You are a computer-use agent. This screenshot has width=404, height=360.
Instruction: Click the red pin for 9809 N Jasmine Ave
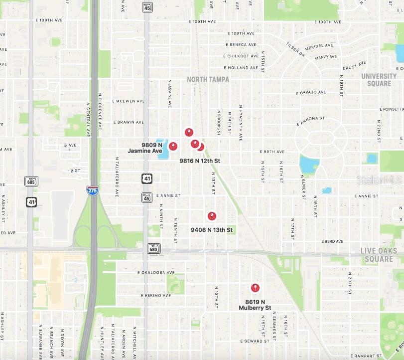[173, 146]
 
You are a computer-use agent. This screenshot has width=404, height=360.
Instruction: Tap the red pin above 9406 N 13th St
[212, 216]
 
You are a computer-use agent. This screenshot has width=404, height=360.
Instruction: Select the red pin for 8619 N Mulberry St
[255, 288]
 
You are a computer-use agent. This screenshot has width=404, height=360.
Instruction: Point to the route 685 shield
[31, 181]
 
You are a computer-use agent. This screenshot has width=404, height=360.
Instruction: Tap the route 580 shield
[154, 248]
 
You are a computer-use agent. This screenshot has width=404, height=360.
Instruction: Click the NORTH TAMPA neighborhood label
[208, 79]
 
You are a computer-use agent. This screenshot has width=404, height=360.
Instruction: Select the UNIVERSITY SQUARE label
[379, 80]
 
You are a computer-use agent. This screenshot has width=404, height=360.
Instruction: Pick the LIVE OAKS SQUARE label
[379, 255]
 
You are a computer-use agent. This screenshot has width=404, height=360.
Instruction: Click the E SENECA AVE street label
[241, 44]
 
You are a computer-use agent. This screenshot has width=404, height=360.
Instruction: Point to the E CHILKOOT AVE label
[242, 56]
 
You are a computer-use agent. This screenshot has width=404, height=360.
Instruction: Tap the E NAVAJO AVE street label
[311, 93]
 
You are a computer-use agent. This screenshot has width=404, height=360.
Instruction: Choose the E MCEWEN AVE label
[128, 101]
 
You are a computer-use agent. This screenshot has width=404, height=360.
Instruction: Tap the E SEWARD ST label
[258, 341]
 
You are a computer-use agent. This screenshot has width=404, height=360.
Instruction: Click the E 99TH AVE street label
[272, 152]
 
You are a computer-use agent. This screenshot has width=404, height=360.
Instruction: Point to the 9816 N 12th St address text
[200, 161]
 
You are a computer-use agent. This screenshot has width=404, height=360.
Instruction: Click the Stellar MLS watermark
[379, 180]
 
